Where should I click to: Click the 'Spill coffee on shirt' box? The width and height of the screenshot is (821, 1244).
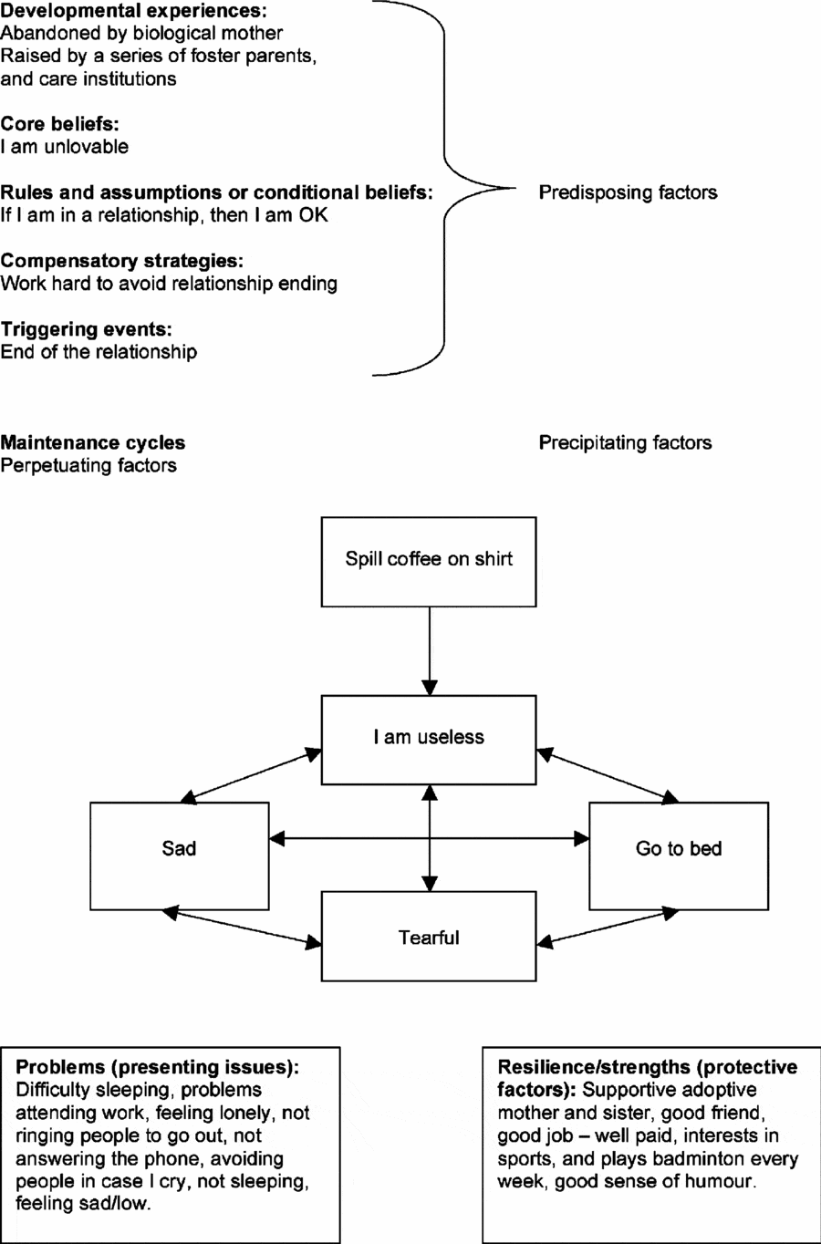point(429,562)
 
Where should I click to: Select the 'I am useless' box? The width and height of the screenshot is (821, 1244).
point(429,740)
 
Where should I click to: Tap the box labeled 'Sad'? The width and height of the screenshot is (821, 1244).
point(180,855)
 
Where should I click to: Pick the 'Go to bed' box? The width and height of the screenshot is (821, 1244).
point(678,855)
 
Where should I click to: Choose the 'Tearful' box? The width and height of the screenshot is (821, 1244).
point(429,937)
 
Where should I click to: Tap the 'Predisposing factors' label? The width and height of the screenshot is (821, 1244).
point(628,192)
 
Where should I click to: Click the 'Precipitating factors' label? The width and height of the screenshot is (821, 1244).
point(625,443)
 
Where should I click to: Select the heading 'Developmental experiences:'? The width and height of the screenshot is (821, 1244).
point(133,11)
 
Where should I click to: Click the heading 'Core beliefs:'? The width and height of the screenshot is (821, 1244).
point(60,124)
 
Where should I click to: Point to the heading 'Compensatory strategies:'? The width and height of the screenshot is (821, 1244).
point(122,261)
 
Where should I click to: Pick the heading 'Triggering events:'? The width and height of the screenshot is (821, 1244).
point(87,329)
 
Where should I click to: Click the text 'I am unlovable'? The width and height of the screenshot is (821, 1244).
point(65,147)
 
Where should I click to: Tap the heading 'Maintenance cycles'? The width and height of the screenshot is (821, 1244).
point(93,443)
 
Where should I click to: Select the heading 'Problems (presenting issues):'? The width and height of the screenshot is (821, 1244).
point(158,1067)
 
